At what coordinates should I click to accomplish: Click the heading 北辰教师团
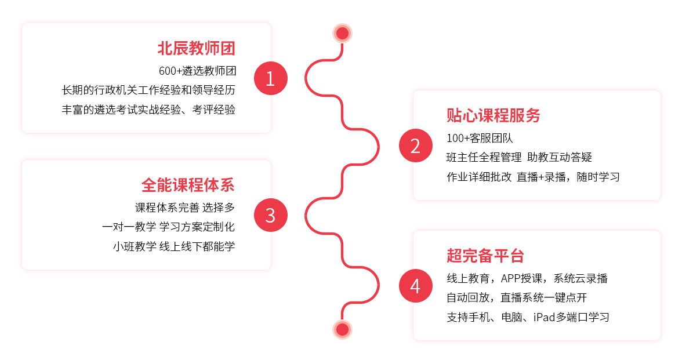coord(196,48)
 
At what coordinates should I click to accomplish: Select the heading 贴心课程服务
coord(493,115)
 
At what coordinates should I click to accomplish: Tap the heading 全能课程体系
coord(188,185)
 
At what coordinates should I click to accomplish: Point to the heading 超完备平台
coord(485,256)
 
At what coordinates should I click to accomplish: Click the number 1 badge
coord(270,78)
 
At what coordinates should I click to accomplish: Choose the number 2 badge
coord(415,146)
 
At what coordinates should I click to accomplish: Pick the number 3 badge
coord(270,215)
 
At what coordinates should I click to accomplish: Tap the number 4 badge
coord(415,286)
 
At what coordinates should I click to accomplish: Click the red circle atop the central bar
coord(342,33)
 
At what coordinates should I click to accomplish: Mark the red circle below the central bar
coord(342,330)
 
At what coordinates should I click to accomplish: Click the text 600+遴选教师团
coord(197,71)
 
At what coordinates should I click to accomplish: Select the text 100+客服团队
coord(480,139)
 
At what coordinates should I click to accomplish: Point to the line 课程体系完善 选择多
coord(185,208)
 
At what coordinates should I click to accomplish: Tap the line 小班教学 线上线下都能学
coord(174,246)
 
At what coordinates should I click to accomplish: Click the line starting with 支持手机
coord(528,317)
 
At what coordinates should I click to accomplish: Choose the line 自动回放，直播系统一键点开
coord(517,298)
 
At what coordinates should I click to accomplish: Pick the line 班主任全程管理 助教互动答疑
coord(519,158)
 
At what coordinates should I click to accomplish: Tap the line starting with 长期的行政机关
coord(148,90)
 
